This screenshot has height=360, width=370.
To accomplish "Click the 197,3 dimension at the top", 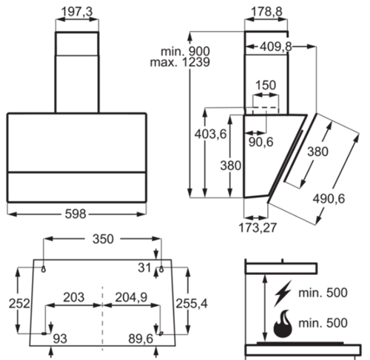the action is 77,12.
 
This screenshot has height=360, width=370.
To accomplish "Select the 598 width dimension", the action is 75,214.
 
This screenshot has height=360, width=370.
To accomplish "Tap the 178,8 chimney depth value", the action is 266,12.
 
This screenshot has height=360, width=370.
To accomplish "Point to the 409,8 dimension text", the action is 275,47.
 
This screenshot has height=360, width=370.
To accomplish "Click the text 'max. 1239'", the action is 180,62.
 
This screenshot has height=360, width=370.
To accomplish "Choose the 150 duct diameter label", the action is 266,85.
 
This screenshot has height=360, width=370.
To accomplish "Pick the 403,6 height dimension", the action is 210,135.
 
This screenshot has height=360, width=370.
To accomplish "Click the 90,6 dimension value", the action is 260,142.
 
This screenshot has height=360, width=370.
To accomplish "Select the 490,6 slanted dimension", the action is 329,199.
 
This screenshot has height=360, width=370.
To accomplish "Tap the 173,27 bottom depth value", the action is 258,228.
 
